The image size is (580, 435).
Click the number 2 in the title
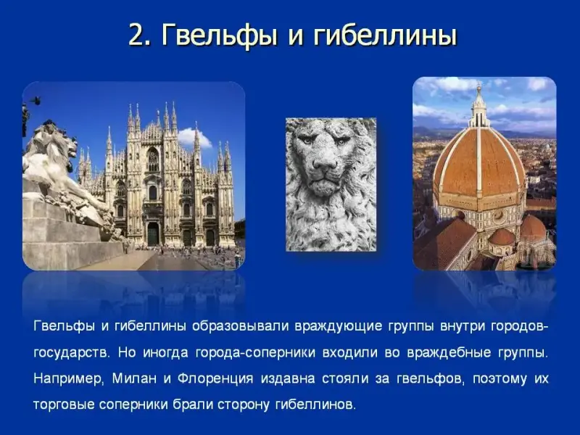(x=136, y=36)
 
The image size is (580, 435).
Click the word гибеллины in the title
(x=385, y=36)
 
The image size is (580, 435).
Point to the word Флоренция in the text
(x=215, y=379)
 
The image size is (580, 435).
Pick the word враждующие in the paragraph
(x=339, y=327)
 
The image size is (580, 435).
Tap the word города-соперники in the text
(x=255, y=353)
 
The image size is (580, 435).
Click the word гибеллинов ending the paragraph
(x=315, y=405)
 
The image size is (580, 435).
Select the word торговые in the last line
(x=64, y=405)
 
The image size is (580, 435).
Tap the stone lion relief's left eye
(x=307, y=140)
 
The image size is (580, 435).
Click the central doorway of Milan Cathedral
(x=153, y=233)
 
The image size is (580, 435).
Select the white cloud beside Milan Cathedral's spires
(x=194, y=138)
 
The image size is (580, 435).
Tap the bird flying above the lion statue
(x=35, y=100)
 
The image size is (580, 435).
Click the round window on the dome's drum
(x=498, y=216)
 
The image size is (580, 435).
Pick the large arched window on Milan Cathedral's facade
(x=153, y=159)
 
